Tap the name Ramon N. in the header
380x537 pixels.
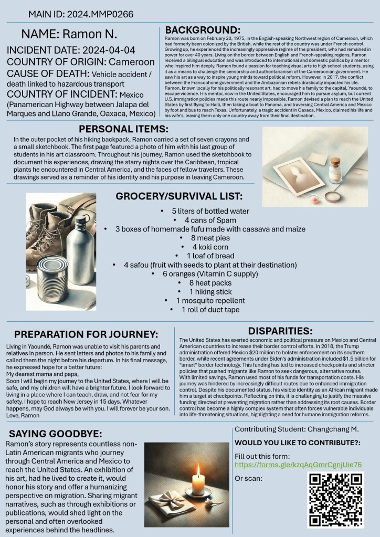pos(69,35)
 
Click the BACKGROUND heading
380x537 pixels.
pos(203,30)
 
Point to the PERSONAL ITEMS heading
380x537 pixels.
pos(123,129)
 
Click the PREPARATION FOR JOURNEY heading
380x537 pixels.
pos(86,335)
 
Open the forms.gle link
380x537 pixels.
pos(298,466)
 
